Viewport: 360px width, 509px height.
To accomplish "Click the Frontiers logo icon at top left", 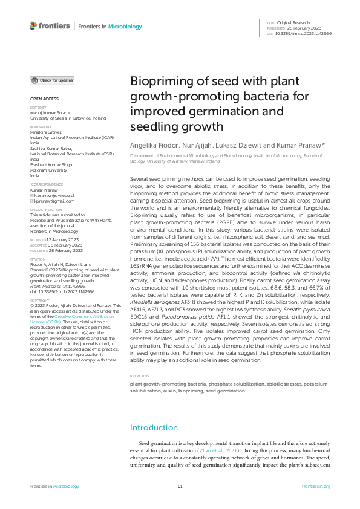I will tap(33, 26).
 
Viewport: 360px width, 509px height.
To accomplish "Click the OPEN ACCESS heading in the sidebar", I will tap(44, 99).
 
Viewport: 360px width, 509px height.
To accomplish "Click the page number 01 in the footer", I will tap(180, 487).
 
